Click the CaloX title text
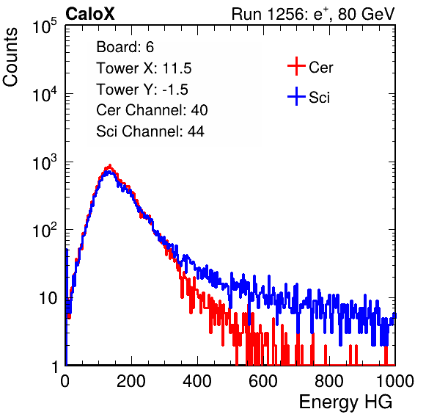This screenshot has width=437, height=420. (90, 14)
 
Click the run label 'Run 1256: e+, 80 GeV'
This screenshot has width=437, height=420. (313, 14)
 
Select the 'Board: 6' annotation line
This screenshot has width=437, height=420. (125, 47)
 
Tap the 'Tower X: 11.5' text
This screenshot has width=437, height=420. (144, 68)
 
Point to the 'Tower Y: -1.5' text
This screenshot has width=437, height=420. (142, 90)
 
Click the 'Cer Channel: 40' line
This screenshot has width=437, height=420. (152, 110)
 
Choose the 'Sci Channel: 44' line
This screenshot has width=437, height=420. (150, 131)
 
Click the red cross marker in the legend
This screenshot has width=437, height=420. (296, 66)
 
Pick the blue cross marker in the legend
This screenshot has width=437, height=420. (296, 97)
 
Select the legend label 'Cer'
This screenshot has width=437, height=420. (320, 68)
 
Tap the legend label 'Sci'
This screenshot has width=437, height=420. (319, 98)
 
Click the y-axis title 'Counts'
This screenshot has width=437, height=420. (10, 57)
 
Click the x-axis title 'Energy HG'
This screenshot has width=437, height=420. (345, 402)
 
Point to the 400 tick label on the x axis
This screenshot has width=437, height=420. (197, 381)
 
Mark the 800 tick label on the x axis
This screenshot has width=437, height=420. (329, 381)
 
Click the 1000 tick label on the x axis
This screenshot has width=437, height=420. (395, 381)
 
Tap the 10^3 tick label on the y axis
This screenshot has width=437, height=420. (45, 162)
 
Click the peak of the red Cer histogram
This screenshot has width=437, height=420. (110, 165)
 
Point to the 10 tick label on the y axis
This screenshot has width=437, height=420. (48, 298)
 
